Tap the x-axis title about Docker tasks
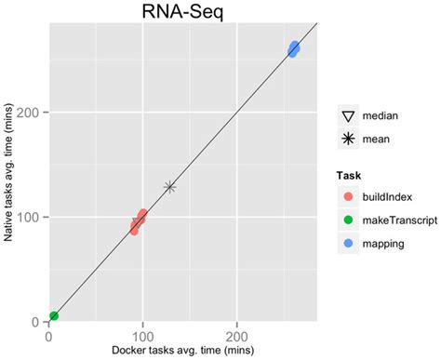point(182,350)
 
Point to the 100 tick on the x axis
point(142,335)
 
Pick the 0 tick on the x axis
point(47,335)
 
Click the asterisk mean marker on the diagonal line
point(169,187)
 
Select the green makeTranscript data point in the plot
point(53,316)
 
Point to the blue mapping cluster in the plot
point(293,48)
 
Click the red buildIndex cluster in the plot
point(139,221)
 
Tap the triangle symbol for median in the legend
point(350,116)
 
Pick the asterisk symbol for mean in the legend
point(350,139)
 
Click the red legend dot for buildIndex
point(350,197)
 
